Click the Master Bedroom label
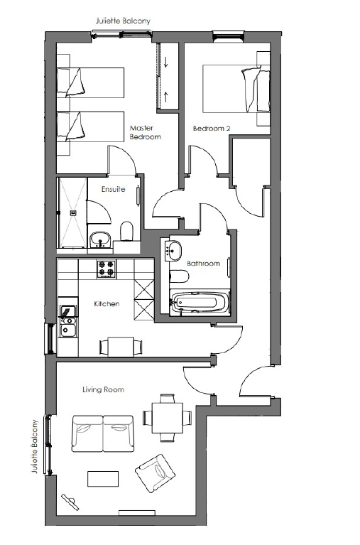(x=146, y=132)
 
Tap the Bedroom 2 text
(x=212, y=129)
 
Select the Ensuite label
(x=114, y=190)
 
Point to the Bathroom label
(x=203, y=264)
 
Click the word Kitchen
(x=107, y=304)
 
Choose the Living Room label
(x=103, y=389)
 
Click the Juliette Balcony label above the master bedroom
(x=123, y=21)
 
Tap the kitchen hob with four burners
(x=107, y=269)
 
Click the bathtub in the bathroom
(x=200, y=303)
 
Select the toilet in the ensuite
(x=127, y=231)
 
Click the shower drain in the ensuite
(x=73, y=212)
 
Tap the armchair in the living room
(x=155, y=473)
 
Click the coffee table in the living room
(x=103, y=479)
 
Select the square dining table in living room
(x=168, y=417)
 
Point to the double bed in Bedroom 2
(x=236, y=88)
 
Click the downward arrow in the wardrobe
(x=165, y=62)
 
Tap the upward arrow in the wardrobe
(x=165, y=97)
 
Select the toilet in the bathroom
(x=179, y=276)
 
